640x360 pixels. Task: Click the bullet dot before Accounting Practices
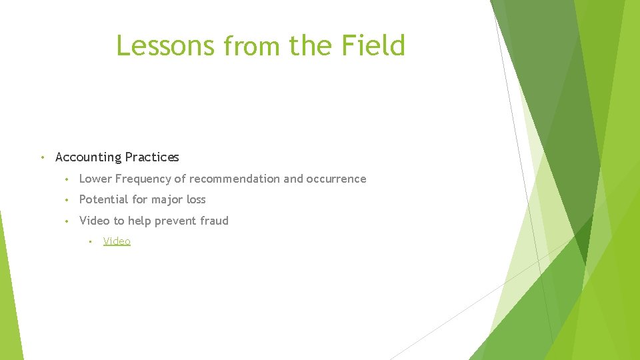tap(42, 157)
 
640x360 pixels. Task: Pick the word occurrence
tap(336, 179)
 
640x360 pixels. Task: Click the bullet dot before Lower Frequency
tap(67, 179)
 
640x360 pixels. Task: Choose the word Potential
tap(103, 199)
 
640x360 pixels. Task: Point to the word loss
tap(197, 199)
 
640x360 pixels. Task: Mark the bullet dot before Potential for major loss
tap(67, 200)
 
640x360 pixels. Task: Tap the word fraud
tap(215, 221)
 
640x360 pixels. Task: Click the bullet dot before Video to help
tap(67, 221)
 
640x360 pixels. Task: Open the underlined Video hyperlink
tap(117, 241)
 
